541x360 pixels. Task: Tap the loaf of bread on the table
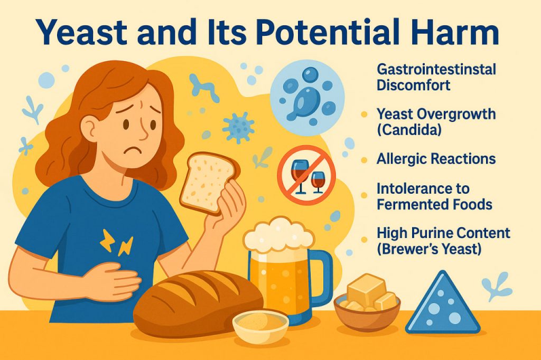coord(195,301)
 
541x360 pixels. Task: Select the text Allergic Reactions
coord(436,159)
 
